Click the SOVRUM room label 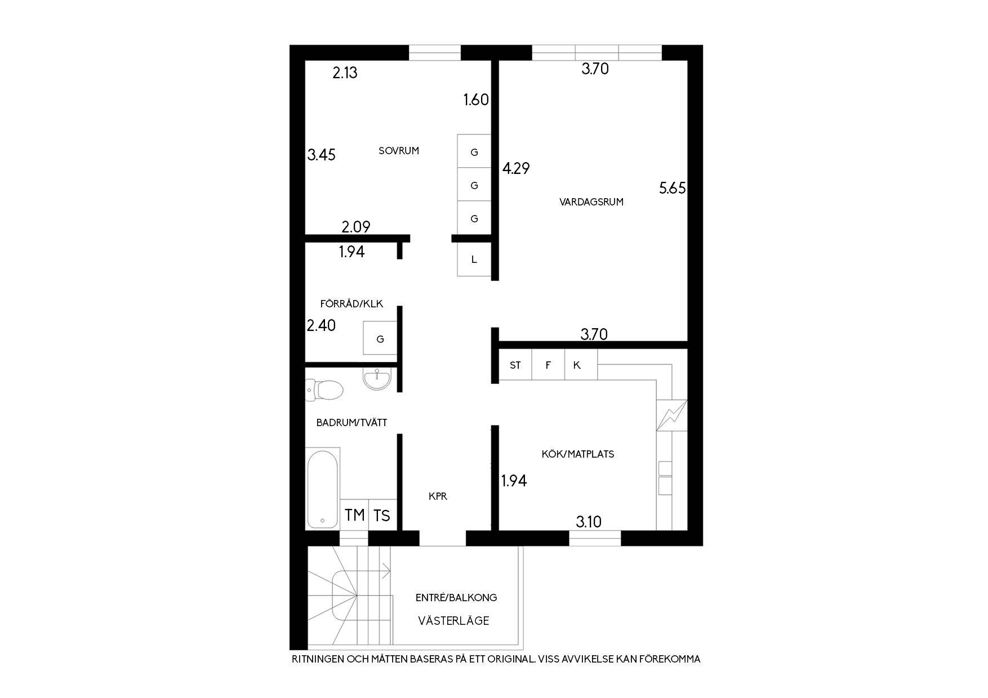click(399, 151)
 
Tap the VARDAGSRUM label click(591, 202)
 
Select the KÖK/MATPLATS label click(578, 454)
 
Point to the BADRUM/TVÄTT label click(351, 422)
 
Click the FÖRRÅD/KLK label click(351, 304)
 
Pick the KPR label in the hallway click(438, 496)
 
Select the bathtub click(322, 488)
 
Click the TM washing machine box click(354, 514)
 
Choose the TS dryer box click(382, 514)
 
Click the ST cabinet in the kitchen click(515, 365)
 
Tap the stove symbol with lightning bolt click(672, 415)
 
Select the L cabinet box click(474, 259)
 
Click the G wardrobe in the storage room click(380, 338)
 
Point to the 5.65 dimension click(673, 188)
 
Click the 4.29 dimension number click(516, 168)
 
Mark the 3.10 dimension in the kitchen click(589, 522)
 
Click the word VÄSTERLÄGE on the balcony click(453, 621)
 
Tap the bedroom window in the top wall click(435, 52)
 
